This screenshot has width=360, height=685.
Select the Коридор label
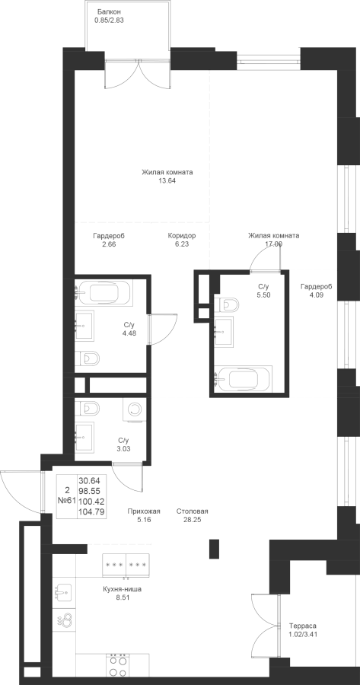[182, 236]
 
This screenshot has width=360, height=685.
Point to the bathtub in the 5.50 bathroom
[243, 378]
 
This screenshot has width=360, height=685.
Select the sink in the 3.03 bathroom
[84, 437]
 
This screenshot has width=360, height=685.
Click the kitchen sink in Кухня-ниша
[64, 592]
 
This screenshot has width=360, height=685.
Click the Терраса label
[302, 626]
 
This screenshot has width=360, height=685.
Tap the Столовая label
[193, 511]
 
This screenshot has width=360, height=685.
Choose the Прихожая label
[144, 511]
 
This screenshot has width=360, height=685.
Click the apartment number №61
[67, 501]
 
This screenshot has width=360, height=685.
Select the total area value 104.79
[91, 511]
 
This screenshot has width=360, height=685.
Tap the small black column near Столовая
[214, 549]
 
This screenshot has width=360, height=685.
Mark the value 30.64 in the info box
[89, 480]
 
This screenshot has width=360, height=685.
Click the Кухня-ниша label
[123, 589]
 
